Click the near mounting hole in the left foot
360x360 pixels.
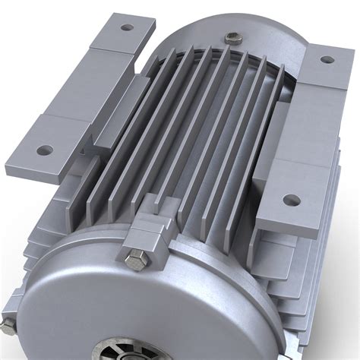44,150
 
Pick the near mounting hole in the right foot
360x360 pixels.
289,201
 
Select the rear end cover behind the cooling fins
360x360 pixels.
258,46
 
